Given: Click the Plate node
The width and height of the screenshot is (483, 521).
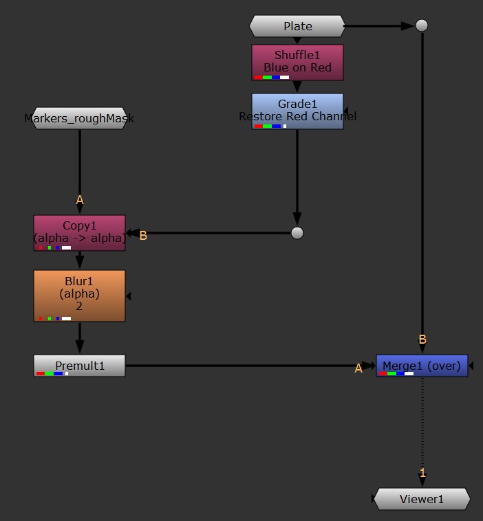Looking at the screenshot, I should point(297,26).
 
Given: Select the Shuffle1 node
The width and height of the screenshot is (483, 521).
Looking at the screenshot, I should point(297,61).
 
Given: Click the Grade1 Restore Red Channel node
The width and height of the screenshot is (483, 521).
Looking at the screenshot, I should point(297,110).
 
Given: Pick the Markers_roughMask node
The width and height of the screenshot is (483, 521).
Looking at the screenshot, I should point(79,118).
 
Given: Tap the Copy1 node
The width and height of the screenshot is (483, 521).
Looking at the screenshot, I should point(79,232).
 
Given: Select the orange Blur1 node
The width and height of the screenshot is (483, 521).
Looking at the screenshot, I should point(79,295).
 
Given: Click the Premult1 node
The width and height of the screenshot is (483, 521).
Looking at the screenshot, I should point(79,365).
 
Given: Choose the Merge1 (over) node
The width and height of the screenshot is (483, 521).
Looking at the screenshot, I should point(422,365).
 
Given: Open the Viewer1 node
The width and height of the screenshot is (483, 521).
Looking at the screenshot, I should point(422,499).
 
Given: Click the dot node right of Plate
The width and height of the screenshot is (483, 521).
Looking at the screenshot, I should point(422,25).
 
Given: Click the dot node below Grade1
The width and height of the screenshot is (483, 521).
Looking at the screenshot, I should point(297,233).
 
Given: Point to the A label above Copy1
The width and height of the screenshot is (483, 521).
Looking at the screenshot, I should point(80,200).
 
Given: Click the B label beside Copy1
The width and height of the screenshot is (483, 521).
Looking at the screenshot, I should point(143,236).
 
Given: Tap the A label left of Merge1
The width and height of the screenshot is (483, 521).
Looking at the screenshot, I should point(358,369).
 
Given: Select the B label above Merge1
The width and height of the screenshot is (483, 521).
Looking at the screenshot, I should point(422,339).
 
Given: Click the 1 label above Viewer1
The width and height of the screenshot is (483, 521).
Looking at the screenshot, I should point(422,473).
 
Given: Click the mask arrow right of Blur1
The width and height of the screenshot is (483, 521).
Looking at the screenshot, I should point(129,296).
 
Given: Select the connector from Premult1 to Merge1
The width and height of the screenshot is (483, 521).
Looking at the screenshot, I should point(241,365).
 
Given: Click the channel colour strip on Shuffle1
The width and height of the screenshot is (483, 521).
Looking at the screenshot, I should point(271,78).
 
